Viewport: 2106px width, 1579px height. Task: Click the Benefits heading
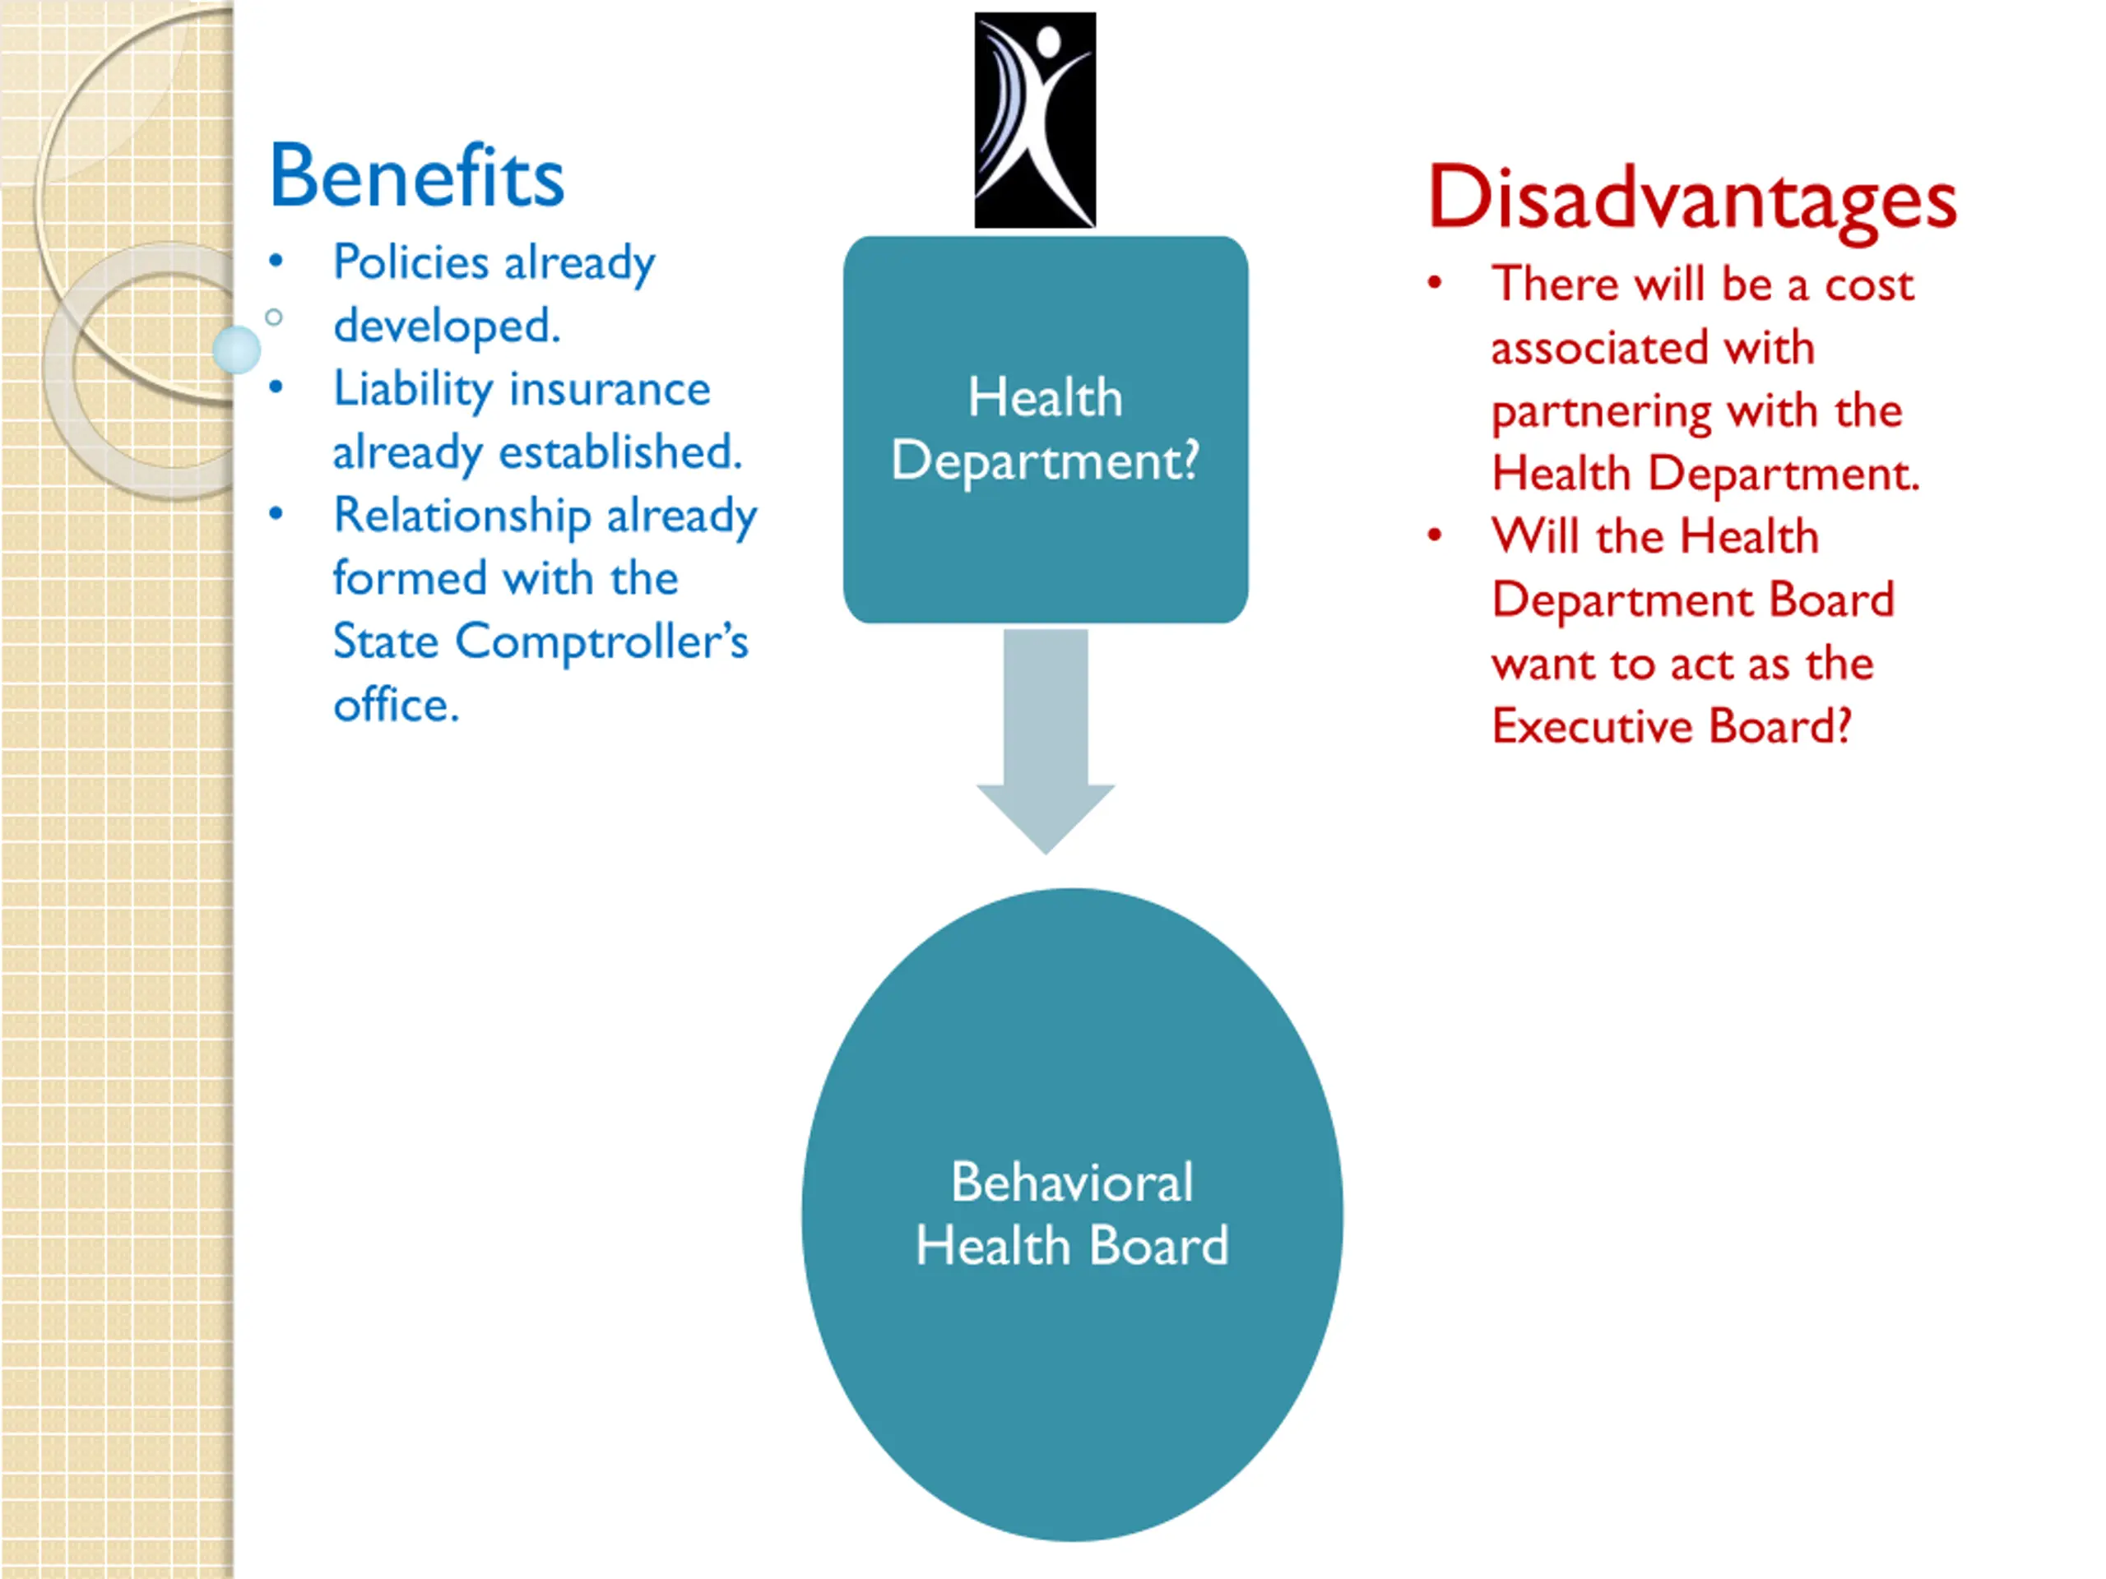tap(417, 176)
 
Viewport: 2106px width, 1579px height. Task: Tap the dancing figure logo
tap(1035, 120)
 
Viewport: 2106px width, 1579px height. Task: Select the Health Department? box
tap(1046, 429)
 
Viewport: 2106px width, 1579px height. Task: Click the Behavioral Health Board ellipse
tap(1072, 1214)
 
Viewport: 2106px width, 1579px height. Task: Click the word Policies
tap(411, 262)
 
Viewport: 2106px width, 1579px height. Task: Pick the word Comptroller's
tap(601, 641)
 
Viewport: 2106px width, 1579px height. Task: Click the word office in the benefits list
tap(395, 706)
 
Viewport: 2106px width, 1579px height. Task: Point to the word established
tap(619, 452)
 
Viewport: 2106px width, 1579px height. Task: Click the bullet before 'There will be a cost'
tap(1435, 283)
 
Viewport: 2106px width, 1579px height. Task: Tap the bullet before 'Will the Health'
tap(1435, 535)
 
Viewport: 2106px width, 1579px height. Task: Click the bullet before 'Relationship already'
tap(276, 514)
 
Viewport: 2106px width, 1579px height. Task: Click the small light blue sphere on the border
tap(236, 350)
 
